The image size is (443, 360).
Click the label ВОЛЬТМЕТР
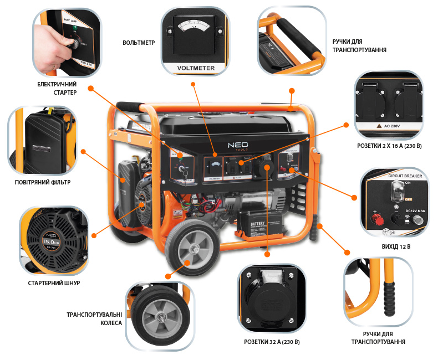pyautogui.click(x=138, y=42)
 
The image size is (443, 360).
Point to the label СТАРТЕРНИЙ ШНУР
pyautogui.click(x=54, y=283)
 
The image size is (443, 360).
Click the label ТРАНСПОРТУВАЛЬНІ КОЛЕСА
pyautogui.click(x=94, y=318)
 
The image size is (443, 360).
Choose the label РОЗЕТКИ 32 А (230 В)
pyautogui.click(x=272, y=342)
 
